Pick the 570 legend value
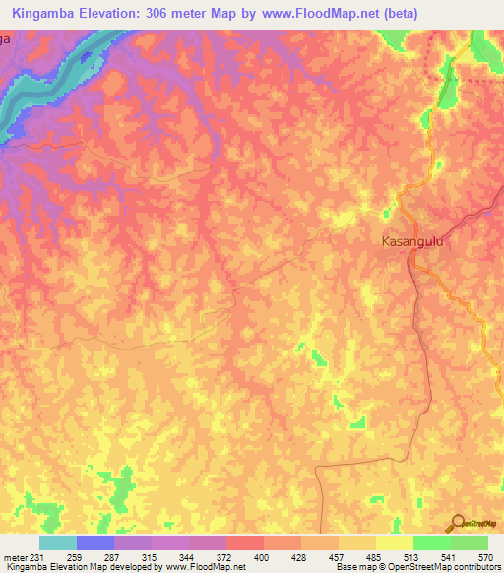477,557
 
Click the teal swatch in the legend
58,542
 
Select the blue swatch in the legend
95,542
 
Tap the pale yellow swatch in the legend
394,542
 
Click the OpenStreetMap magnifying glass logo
458,522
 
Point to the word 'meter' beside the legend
16,557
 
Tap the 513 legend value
394,557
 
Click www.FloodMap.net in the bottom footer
203,567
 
